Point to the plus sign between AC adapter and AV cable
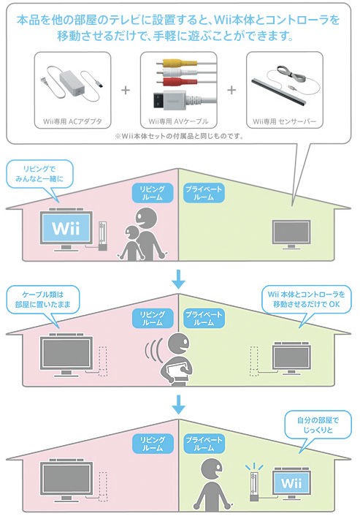[126, 89]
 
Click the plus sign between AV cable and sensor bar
[231, 89]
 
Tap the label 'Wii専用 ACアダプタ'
[72, 121]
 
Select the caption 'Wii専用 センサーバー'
[284, 121]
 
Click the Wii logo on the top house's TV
[66, 228]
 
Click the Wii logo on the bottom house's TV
[291, 483]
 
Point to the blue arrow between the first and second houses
[179, 278]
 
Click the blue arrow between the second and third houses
[179, 404]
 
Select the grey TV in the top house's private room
[291, 235]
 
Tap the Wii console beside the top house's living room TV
[103, 236]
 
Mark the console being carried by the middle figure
[177, 370]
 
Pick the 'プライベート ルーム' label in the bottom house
[204, 444]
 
